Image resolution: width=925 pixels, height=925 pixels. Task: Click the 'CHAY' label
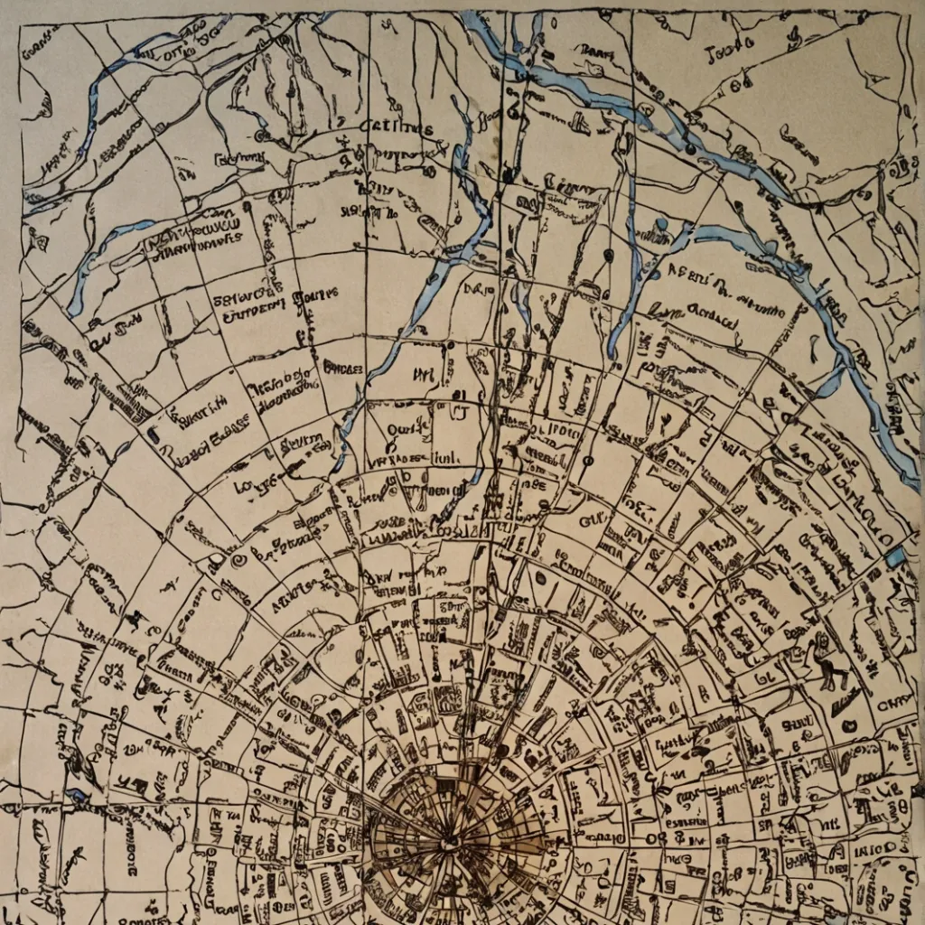pos(897,700)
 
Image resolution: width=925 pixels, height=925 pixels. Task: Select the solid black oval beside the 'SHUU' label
pos(849,725)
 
